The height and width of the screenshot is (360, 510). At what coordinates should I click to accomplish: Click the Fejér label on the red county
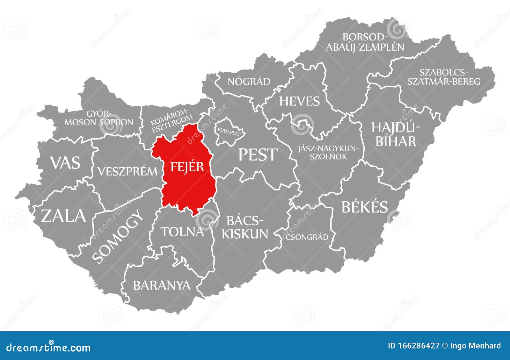[187, 166]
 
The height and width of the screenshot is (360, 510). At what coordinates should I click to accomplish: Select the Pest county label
[258, 155]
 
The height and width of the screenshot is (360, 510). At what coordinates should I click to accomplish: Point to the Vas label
[65, 162]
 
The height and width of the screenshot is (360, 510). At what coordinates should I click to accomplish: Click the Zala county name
[63, 216]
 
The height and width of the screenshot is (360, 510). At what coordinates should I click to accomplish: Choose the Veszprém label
[127, 171]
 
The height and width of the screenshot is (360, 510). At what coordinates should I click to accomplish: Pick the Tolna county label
[182, 232]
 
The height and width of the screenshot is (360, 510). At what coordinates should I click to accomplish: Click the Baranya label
[162, 285]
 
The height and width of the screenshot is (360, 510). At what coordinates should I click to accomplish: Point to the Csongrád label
[307, 237]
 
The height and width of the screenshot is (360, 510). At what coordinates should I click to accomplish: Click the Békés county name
[365, 207]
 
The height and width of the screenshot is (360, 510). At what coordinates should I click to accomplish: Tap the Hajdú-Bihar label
[396, 134]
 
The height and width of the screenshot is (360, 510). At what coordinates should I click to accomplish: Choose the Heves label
[299, 101]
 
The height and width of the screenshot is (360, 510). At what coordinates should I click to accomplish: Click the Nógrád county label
[249, 82]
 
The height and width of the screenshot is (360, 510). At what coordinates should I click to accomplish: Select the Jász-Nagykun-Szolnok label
[328, 152]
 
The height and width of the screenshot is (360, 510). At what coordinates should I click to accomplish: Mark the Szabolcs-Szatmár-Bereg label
[444, 77]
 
